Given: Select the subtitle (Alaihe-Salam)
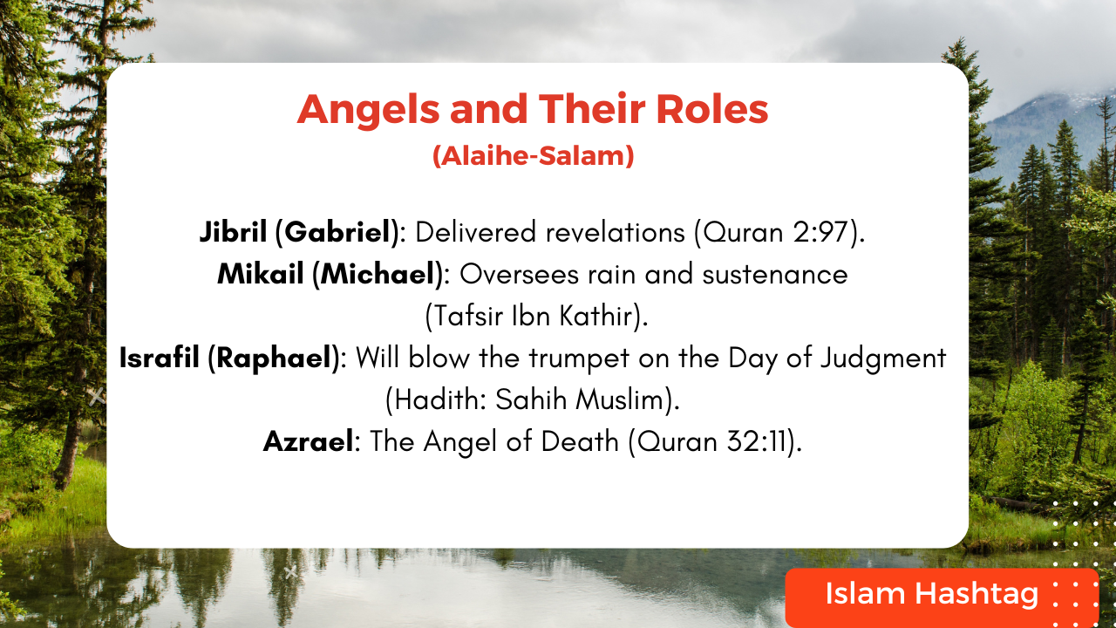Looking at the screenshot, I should tap(533, 157).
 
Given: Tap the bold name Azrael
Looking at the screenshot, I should tap(308, 441).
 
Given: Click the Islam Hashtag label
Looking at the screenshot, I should tap(931, 595).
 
